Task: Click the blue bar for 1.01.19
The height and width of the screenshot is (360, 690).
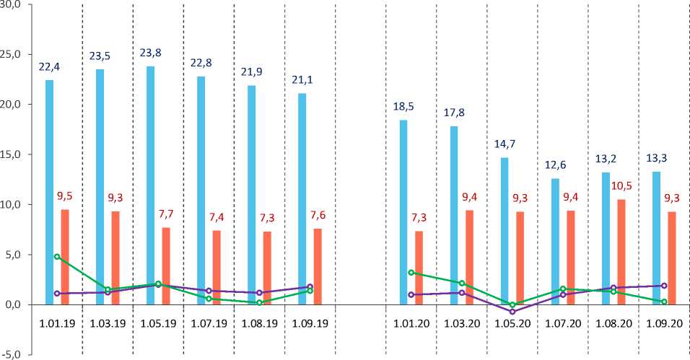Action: click(49, 192)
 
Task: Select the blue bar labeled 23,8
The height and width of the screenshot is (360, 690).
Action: click(150, 185)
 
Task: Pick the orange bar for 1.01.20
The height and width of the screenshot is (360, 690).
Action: click(419, 268)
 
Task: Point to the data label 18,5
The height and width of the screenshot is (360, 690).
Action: click(403, 106)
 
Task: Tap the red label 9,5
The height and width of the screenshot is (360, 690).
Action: click(65, 195)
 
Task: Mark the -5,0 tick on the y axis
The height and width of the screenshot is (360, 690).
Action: click(12, 354)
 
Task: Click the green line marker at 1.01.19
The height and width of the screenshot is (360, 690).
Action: click(57, 257)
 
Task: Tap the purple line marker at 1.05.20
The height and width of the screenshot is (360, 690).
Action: click(512, 312)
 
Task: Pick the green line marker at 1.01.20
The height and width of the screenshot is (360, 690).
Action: click(411, 273)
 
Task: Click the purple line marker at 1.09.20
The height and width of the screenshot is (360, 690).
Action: click(663, 286)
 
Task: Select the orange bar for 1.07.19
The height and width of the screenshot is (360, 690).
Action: click(217, 268)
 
